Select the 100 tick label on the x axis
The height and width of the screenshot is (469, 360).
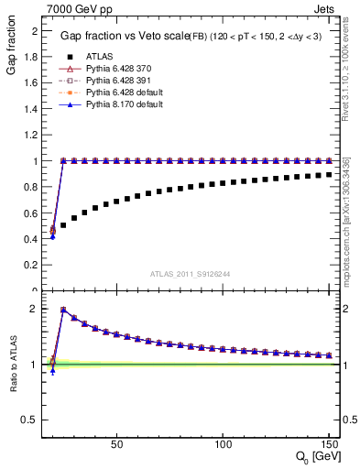pos(222,442)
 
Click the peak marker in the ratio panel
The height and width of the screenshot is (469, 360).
pos(63,310)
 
